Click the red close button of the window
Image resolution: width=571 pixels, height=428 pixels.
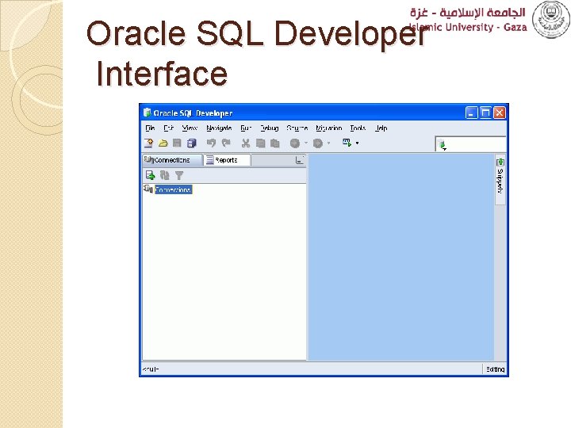(x=500, y=113)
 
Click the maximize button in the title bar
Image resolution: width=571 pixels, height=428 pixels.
(x=486, y=113)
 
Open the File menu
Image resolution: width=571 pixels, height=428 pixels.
(x=148, y=128)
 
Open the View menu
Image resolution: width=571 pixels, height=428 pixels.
(x=190, y=128)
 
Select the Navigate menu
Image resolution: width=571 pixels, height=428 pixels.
(x=219, y=128)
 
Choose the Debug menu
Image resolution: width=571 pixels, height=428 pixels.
(x=270, y=128)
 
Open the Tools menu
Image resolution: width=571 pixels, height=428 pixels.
(x=358, y=128)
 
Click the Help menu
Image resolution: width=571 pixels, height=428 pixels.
(x=381, y=128)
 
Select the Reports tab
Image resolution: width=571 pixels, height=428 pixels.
(x=226, y=160)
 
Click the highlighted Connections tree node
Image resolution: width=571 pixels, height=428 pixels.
(x=173, y=190)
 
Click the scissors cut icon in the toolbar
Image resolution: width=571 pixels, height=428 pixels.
(x=246, y=143)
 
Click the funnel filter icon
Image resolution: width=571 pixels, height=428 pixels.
(x=179, y=175)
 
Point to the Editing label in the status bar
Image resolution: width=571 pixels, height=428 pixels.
(x=495, y=369)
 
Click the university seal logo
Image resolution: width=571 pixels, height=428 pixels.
(x=550, y=19)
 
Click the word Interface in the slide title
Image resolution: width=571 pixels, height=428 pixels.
(x=161, y=75)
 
